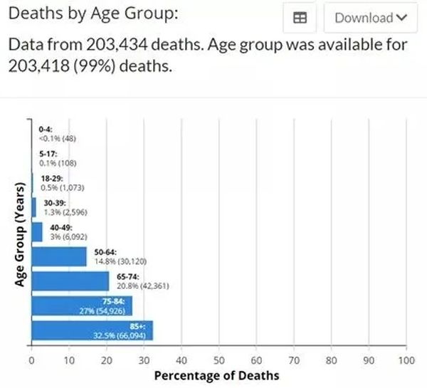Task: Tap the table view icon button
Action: [300, 18]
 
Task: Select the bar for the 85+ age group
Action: [92, 332]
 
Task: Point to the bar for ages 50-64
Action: [59, 257]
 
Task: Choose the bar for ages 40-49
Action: [37, 232]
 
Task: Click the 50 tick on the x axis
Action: [219, 360]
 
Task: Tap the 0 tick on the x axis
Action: [32, 360]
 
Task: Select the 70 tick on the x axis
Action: [294, 360]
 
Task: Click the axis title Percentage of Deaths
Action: [217, 375]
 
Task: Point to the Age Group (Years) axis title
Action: [21, 236]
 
